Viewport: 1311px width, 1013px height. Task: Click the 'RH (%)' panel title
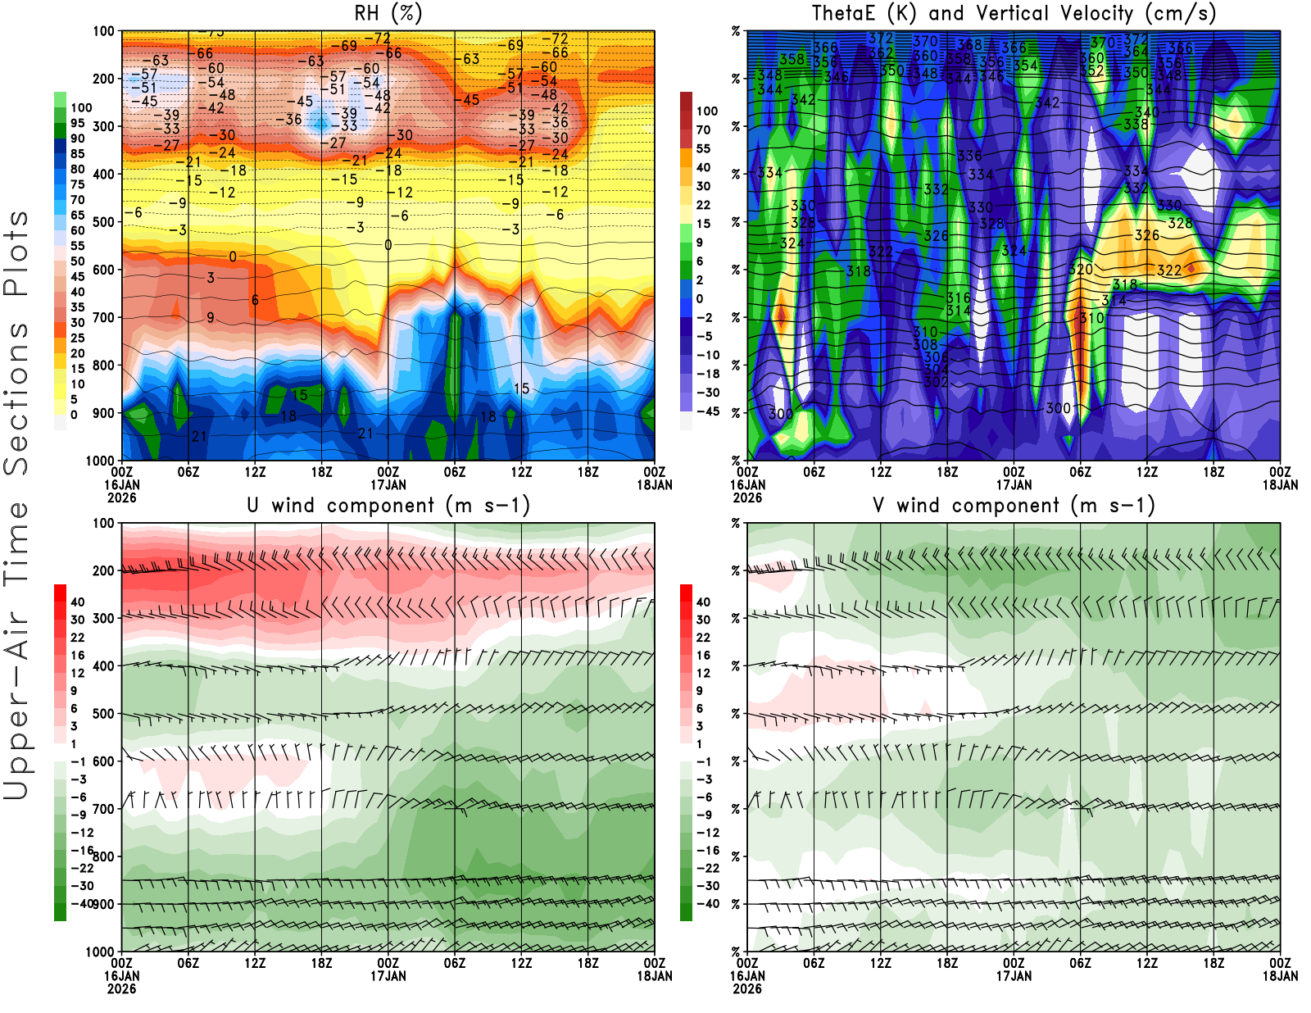click(388, 14)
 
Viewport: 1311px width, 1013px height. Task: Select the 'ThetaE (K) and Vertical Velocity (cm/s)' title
click(1014, 14)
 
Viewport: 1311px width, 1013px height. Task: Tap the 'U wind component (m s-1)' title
click(388, 506)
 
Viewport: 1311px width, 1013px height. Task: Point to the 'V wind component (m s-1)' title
click(1014, 506)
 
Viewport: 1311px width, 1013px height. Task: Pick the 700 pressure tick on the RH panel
click(104, 317)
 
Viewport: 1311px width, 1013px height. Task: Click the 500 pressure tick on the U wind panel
click(104, 714)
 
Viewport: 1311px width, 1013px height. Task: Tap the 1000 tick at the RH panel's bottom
click(100, 461)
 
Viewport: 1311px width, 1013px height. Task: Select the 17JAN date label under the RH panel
click(388, 485)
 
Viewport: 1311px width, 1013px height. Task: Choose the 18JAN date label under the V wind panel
click(1280, 976)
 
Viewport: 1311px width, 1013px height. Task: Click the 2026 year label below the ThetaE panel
click(747, 497)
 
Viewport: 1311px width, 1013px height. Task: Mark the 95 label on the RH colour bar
click(77, 124)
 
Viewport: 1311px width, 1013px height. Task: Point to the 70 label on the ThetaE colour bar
click(703, 130)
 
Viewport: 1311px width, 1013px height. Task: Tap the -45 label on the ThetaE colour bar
click(707, 411)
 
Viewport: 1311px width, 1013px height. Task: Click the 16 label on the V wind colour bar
click(703, 656)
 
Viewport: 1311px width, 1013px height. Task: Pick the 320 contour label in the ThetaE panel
click(1081, 270)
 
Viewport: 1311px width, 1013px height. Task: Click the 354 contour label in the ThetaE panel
click(1025, 66)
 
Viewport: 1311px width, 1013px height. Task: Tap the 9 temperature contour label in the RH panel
click(211, 317)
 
